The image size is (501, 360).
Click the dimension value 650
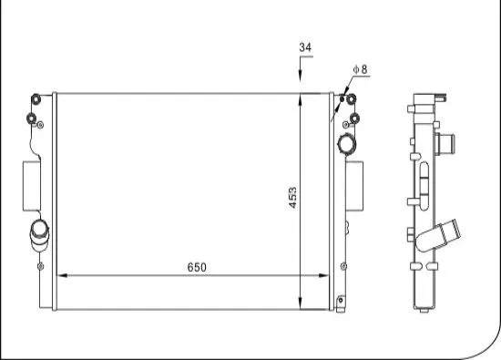(x=197, y=267)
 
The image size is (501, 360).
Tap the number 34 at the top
(x=303, y=46)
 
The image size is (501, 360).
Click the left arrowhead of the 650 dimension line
(x=61, y=274)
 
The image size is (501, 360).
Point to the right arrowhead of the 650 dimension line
(x=327, y=274)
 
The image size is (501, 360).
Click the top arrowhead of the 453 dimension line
(x=302, y=96)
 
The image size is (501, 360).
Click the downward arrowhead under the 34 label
(x=302, y=84)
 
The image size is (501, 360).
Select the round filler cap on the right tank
(x=348, y=144)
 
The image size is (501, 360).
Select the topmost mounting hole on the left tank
(x=35, y=98)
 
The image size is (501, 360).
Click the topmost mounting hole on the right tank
(x=346, y=98)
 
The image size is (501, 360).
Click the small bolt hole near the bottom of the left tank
(x=41, y=266)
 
